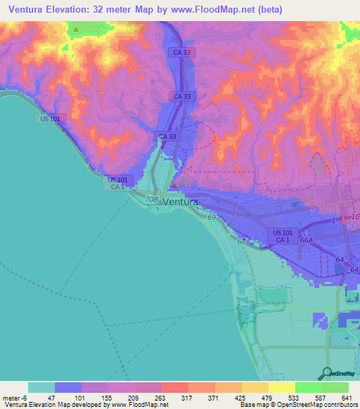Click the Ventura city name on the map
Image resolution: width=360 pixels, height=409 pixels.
click(180, 202)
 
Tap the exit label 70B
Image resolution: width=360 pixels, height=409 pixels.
click(152, 200)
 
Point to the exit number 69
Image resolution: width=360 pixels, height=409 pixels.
click(212, 218)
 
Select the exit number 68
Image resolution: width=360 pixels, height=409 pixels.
click(241, 242)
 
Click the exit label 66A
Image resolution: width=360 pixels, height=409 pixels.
click(306, 240)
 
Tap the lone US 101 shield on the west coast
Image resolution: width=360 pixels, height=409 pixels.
click(50, 119)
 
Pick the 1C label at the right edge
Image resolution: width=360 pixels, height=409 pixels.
click(354, 216)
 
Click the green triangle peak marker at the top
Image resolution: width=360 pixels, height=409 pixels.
click(76, 30)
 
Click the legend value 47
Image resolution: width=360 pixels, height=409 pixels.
click(52, 398)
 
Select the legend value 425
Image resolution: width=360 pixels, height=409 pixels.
click(239, 398)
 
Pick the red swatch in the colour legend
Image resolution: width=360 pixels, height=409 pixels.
click(174, 387)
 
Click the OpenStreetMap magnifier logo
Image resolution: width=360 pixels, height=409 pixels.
click(326, 373)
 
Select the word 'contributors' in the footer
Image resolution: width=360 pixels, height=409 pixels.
click(340, 405)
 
